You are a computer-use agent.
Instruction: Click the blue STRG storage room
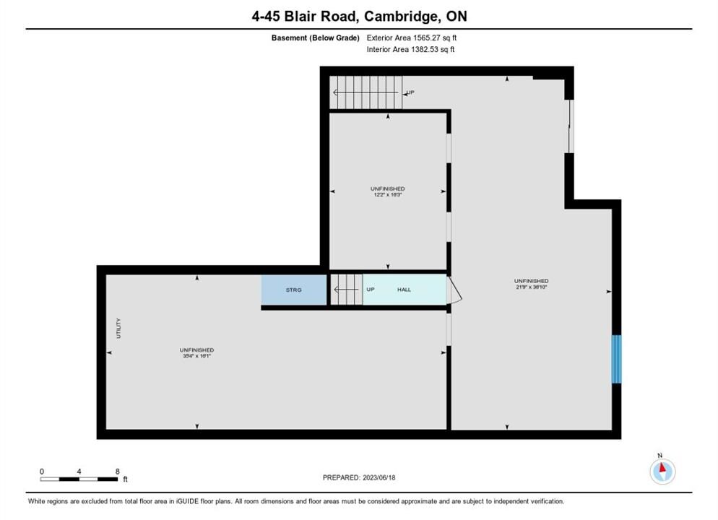click(x=294, y=290)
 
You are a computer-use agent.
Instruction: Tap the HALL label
click(x=404, y=290)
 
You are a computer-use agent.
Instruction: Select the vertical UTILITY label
click(x=118, y=328)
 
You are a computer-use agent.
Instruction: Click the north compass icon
click(x=662, y=471)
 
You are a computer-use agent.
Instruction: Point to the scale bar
click(x=79, y=480)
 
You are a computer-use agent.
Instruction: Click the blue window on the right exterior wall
click(x=617, y=360)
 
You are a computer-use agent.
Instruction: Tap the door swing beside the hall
click(x=454, y=290)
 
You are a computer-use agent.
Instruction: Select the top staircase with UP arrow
click(x=366, y=92)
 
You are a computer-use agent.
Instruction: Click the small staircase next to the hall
click(x=347, y=290)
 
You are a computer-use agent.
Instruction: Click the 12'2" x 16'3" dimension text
click(x=388, y=194)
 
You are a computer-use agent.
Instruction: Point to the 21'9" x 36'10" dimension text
click(x=531, y=287)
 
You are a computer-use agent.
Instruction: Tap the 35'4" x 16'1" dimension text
click(x=197, y=355)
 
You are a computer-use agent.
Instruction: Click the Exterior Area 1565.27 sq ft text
click(x=412, y=38)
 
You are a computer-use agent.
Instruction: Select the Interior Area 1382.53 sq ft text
click(x=411, y=49)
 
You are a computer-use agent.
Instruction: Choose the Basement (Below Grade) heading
click(x=316, y=38)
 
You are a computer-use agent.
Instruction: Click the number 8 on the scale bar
click(x=118, y=472)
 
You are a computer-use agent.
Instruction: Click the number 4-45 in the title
click(x=266, y=17)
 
